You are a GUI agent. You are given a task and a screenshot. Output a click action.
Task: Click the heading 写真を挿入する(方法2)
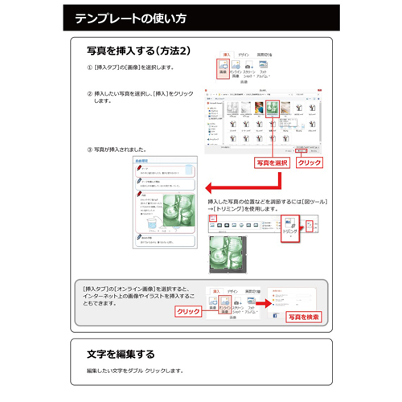tap(139, 51)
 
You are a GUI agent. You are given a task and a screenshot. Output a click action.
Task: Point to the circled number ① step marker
tap(89, 68)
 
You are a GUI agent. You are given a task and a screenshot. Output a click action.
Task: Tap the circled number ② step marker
tap(89, 93)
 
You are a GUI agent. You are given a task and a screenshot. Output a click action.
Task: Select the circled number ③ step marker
tap(89, 150)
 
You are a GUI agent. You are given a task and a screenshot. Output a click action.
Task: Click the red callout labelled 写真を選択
tap(272, 162)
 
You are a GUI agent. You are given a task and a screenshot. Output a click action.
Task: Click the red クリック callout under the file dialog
tap(310, 162)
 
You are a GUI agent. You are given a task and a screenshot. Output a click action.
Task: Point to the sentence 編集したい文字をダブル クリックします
tap(135, 371)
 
